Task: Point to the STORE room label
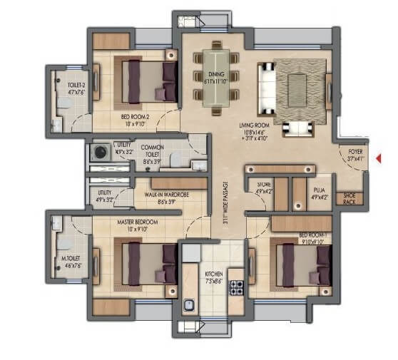click(264, 187)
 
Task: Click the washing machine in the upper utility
click(100, 151)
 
